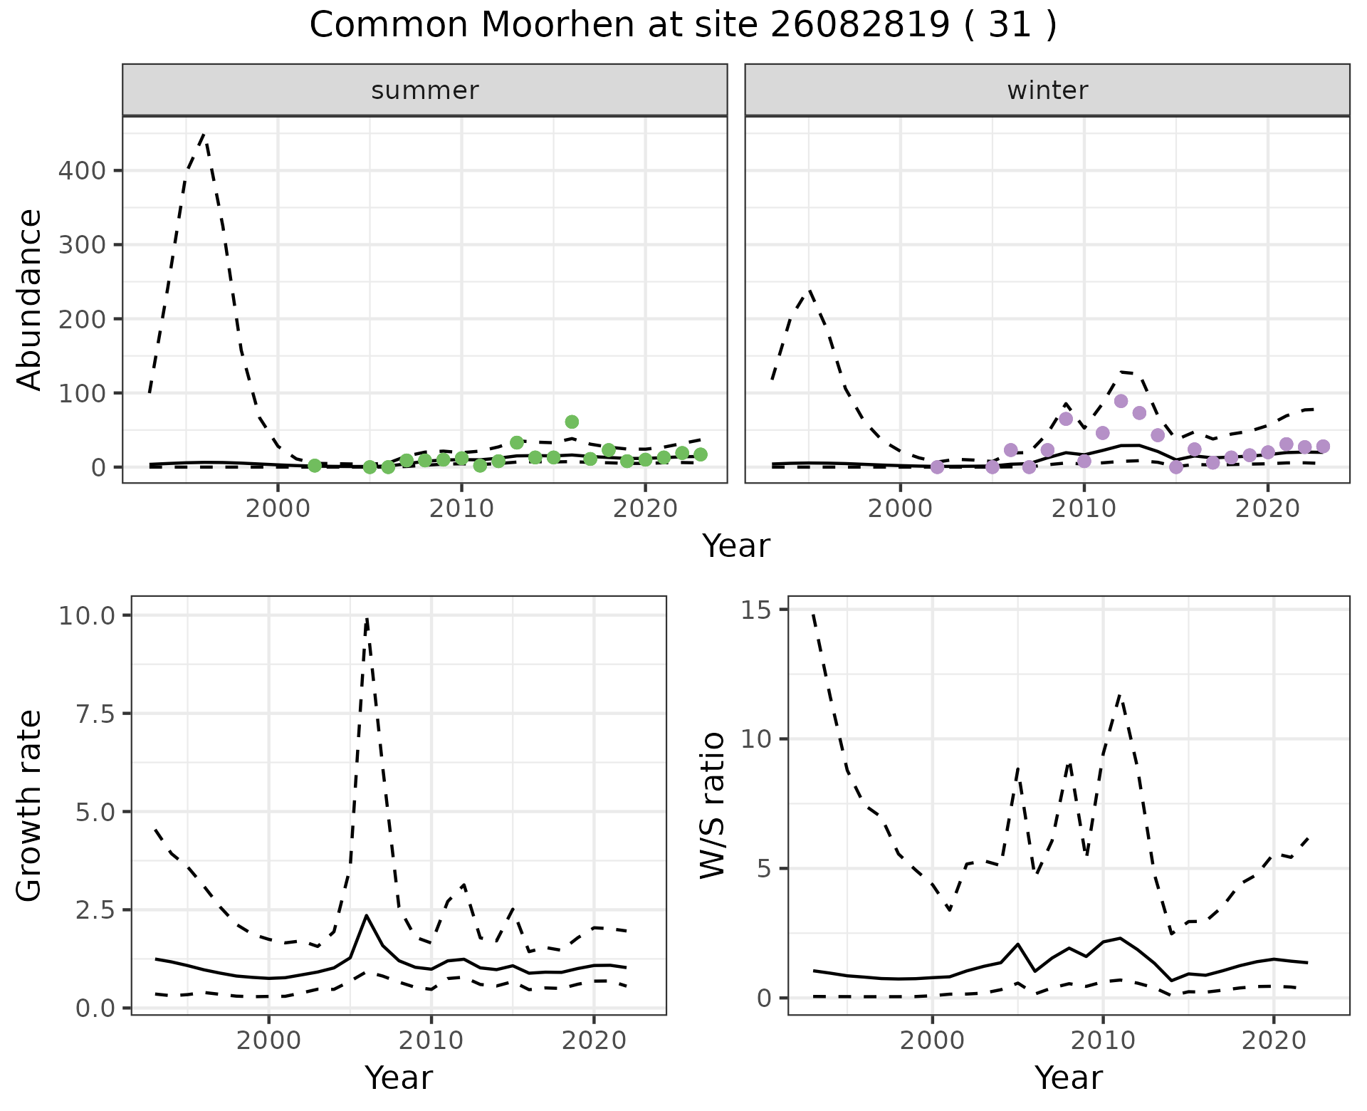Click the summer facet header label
pos(425,90)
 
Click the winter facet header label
pos(1047,90)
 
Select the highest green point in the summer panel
pos(572,422)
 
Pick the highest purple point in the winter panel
pos(1121,401)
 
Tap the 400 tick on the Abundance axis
pos(81,171)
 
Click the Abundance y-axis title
pos(30,300)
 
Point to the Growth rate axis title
pos(30,805)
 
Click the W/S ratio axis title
pos(713,805)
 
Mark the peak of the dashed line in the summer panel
pos(204,133)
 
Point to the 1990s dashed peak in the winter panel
pos(810,291)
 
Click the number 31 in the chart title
pos(1010,26)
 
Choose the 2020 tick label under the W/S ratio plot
pos(1274,1040)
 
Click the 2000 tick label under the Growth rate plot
pos(268,1040)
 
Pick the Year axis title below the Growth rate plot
pos(398,1078)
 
